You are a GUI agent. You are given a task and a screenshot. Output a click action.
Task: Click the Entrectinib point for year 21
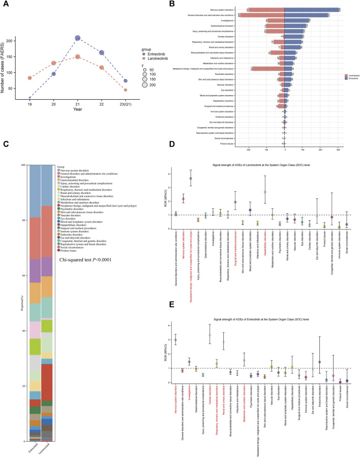78,38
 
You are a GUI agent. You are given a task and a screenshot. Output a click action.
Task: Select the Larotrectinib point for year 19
29,78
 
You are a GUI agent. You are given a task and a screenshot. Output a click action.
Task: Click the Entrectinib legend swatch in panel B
342,78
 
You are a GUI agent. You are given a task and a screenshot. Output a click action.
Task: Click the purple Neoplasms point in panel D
190,178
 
